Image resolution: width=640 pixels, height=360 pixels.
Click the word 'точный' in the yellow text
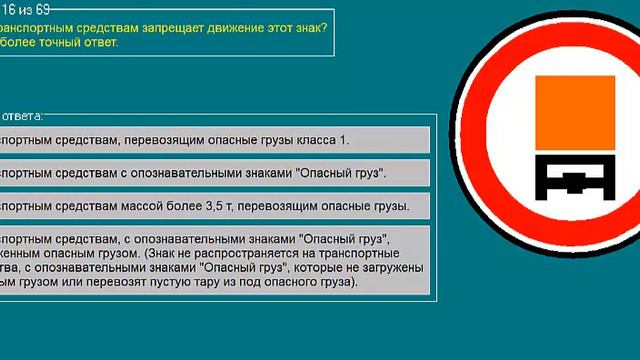click(x=59, y=42)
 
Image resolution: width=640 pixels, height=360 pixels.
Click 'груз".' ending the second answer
click(x=366, y=173)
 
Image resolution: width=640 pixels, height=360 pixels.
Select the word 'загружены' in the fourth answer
click(x=390, y=268)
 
